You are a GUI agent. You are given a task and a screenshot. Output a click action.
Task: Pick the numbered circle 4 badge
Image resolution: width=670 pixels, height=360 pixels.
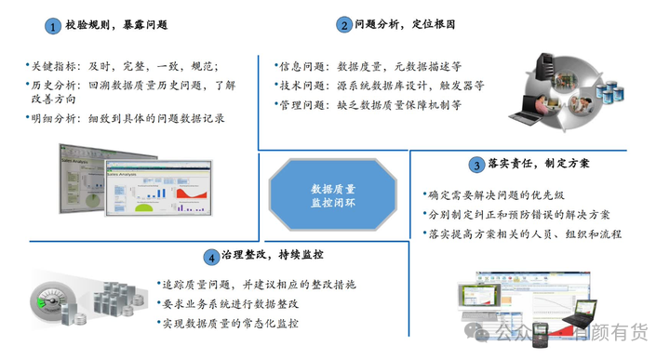[x=213, y=256]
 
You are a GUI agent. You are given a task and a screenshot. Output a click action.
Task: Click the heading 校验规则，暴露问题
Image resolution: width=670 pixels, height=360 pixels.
[x=116, y=27]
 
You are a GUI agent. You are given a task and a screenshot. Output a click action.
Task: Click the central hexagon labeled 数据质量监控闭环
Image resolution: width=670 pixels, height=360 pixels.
[x=332, y=193]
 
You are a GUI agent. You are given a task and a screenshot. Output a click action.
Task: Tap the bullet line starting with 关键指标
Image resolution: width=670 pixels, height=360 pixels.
[x=124, y=67]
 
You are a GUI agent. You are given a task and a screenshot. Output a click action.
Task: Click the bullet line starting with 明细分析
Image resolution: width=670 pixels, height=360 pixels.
[x=129, y=119]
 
